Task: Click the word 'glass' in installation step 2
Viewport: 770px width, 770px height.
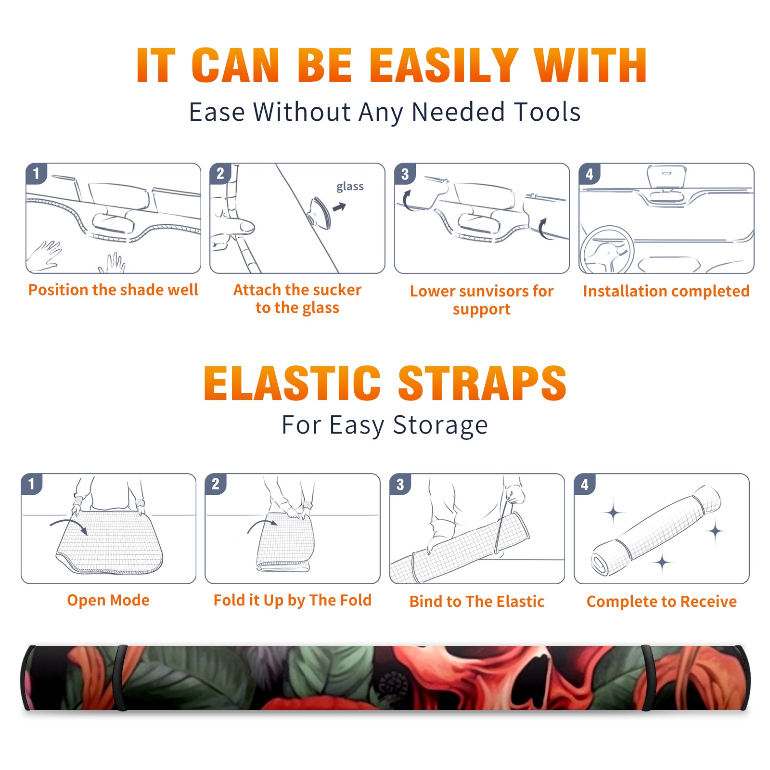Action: tap(350, 187)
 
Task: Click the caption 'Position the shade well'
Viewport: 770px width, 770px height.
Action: tap(113, 290)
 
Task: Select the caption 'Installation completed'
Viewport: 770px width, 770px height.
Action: tap(666, 291)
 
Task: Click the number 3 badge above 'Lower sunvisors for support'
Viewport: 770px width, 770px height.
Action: tap(405, 174)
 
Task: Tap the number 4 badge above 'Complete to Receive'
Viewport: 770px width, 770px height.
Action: tap(585, 484)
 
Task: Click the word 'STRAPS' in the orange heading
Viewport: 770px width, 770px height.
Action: tap(482, 383)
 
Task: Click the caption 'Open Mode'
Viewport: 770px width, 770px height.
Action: tap(108, 600)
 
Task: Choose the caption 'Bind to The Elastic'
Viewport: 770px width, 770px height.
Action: tap(477, 602)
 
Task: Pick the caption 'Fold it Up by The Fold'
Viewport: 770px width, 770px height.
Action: tap(293, 600)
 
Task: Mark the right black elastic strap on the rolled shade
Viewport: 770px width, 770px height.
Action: tap(648, 678)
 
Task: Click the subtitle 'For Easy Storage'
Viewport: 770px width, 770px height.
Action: tap(385, 425)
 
